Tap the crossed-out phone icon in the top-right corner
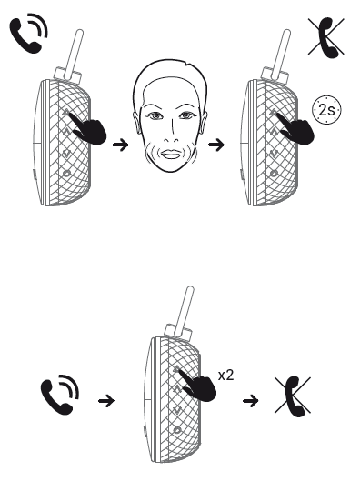(x=327, y=37)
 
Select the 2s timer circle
(x=326, y=110)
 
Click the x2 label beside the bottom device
(x=226, y=375)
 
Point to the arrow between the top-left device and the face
(x=121, y=145)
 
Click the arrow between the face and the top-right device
(x=216, y=145)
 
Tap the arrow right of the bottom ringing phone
(x=106, y=401)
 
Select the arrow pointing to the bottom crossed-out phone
(x=251, y=401)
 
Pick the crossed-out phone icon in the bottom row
(x=294, y=396)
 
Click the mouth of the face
(x=171, y=154)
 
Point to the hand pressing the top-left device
(x=89, y=128)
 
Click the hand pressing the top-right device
(x=297, y=128)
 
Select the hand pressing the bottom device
(x=199, y=386)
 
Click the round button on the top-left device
(x=66, y=174)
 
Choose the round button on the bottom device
(x=177, y=430)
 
